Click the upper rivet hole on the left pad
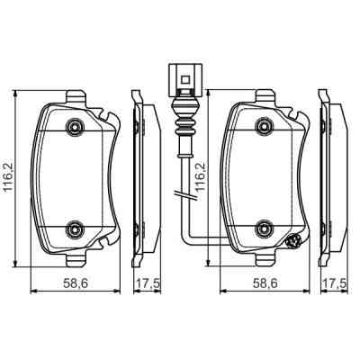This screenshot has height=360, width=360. point(75,127)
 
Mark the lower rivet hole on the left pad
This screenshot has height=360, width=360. point(75,226)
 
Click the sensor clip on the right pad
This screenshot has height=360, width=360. point(293,240)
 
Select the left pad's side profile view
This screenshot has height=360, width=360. point(139,175)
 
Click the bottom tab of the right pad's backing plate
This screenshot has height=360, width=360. point(265,258)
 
